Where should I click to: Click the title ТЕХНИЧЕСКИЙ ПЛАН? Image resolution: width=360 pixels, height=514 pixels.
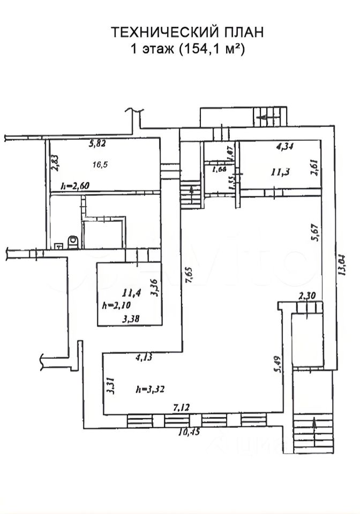187,33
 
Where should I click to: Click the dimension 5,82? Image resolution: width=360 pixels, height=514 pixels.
99,143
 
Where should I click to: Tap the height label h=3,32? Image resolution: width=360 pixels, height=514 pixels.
149,389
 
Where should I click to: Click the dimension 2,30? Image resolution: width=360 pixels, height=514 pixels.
307,295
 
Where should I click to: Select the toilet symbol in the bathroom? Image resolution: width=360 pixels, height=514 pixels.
72,243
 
